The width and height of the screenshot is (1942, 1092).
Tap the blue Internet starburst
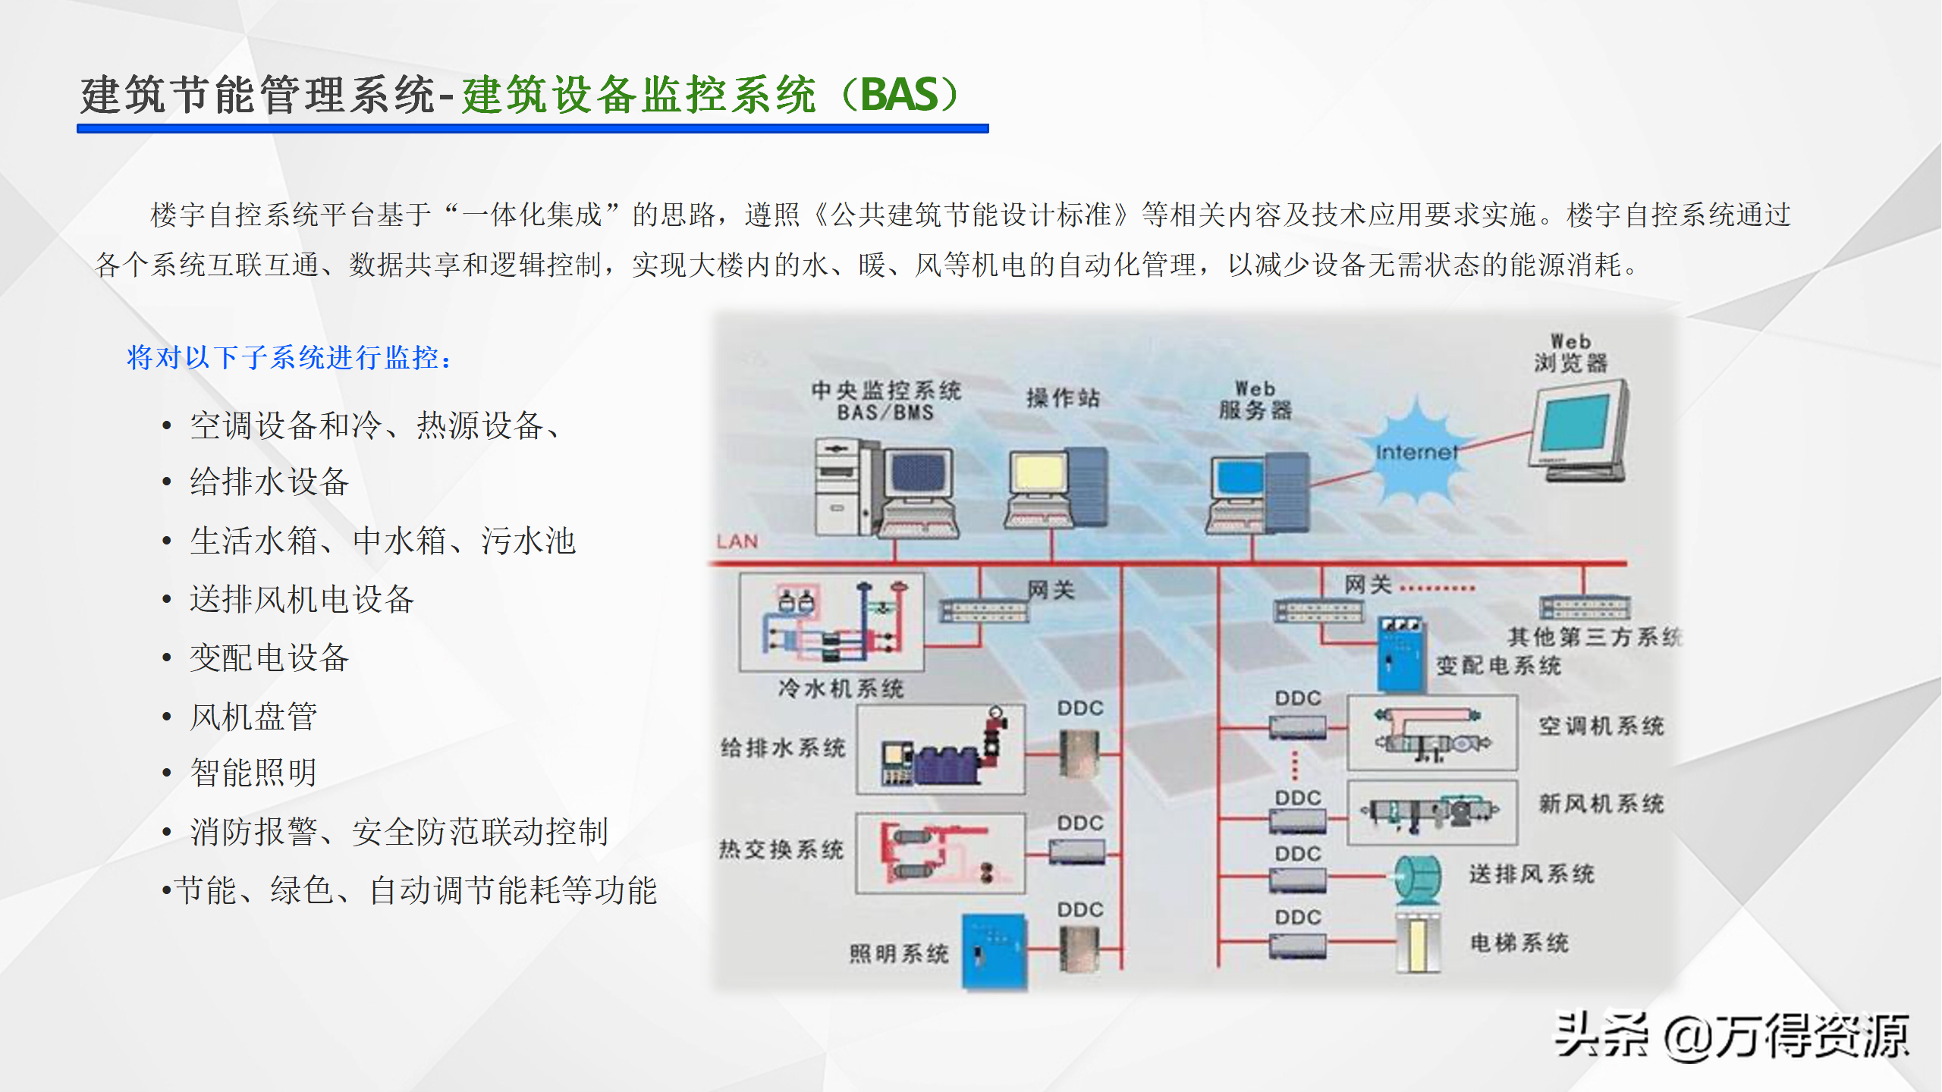tap(1416, 453)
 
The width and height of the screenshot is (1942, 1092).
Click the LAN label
tap(737, 541)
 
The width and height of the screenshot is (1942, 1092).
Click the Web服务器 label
tap(1255, 400)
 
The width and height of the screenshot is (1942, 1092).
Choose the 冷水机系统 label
tap(841, 689)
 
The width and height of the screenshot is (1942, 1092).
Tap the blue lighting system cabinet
tap(995, 952)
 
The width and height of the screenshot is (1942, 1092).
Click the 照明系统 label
tap(899, 953)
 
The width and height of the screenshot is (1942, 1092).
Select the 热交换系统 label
tap(781, 849)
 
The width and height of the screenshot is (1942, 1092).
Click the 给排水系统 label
tap(783, 748)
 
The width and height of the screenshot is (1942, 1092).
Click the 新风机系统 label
tap(1601, 804)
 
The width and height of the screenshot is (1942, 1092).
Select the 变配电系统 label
tap(1498, 666)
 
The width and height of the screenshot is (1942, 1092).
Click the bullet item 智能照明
tap(253, 773)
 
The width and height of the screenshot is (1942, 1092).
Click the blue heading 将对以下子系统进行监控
tap(289, 357)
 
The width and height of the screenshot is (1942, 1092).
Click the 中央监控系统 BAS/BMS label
tap(886, 401)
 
